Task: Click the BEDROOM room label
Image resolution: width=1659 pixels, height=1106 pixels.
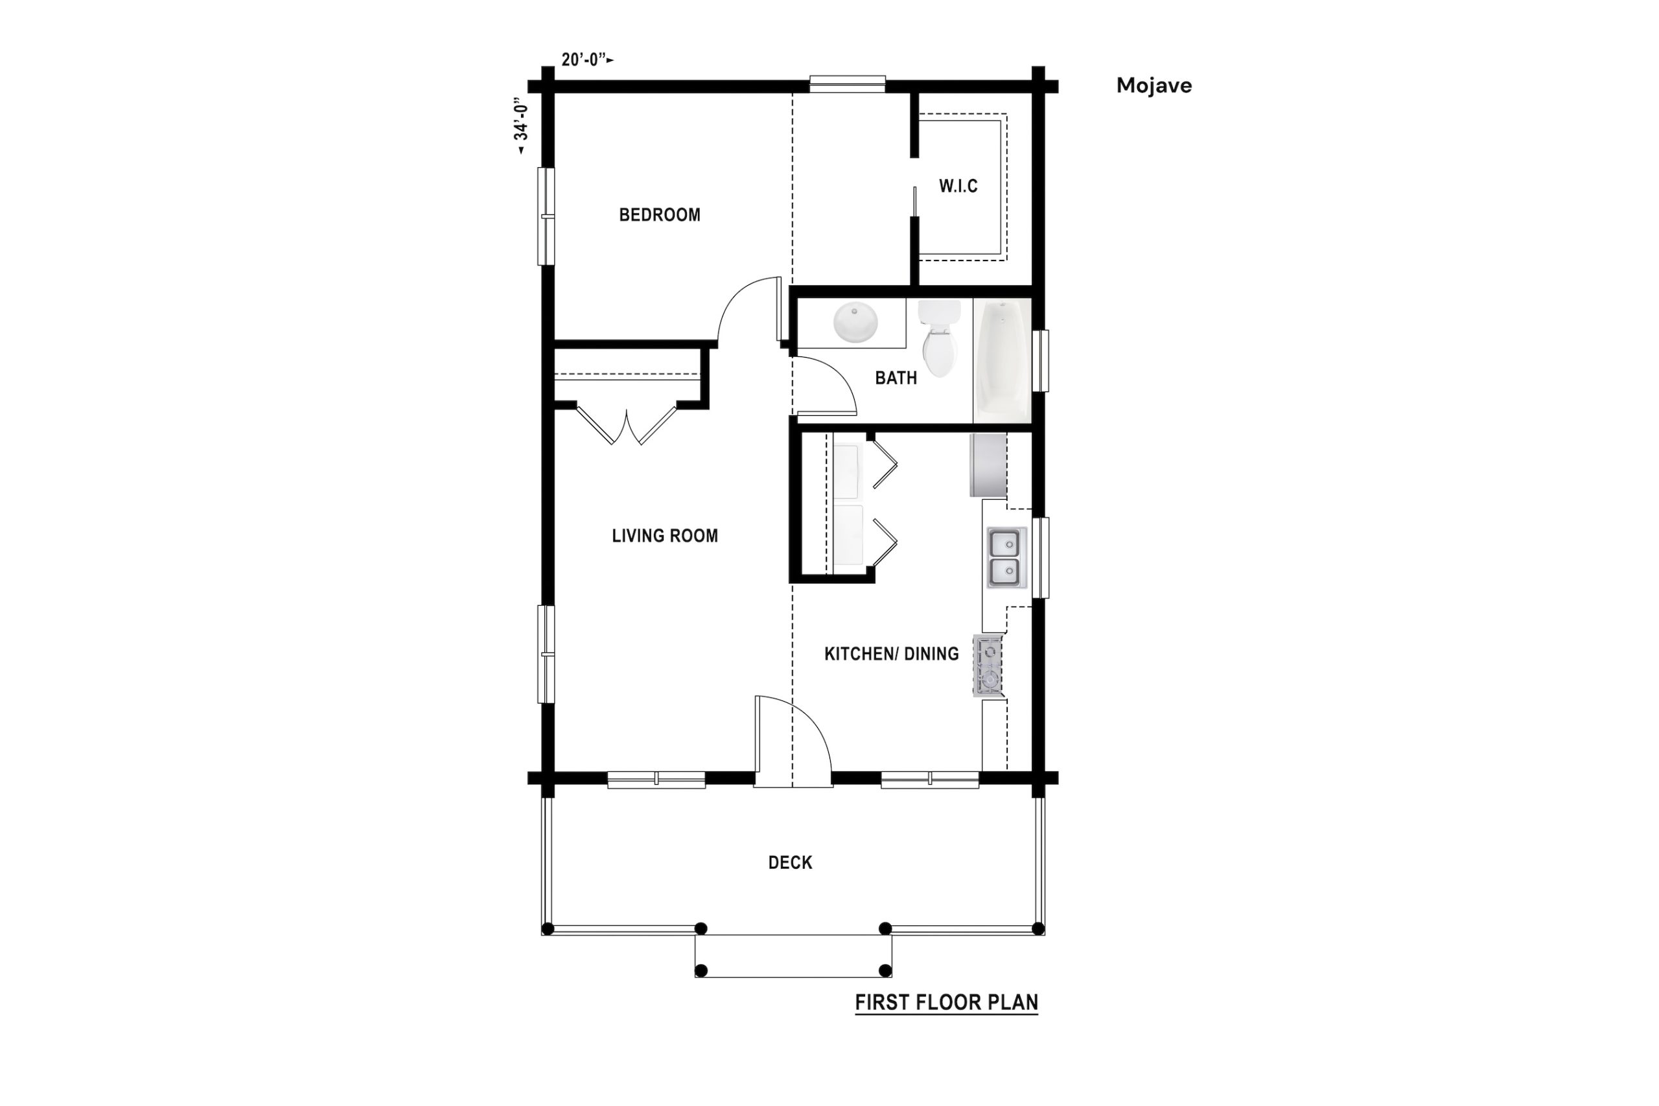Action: tap(660, 214)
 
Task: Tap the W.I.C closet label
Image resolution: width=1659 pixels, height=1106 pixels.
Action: tap(958, 186)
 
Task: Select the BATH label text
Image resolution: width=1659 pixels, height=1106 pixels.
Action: tap(896, 378)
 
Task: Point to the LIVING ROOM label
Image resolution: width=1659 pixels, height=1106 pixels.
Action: tap(664, 535)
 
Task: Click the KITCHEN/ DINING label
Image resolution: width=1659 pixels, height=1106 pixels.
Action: tap(892, 654)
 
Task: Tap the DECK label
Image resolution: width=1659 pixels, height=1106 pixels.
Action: tap(790, 862)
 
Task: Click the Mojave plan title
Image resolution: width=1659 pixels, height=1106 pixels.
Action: tap(1154, 86)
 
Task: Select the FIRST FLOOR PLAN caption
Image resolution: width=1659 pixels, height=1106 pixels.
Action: tap(947, 1002)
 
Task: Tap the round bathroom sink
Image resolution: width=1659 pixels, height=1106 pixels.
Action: tap(855, 323)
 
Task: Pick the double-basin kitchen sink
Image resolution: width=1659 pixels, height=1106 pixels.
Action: tap(1006, 557)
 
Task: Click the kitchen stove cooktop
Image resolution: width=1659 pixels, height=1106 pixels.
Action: tap(988, 666)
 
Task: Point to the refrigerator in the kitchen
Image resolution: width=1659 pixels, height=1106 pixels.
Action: tap(988, 466)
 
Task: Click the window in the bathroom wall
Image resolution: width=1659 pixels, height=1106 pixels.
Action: tap(1040, 360)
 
